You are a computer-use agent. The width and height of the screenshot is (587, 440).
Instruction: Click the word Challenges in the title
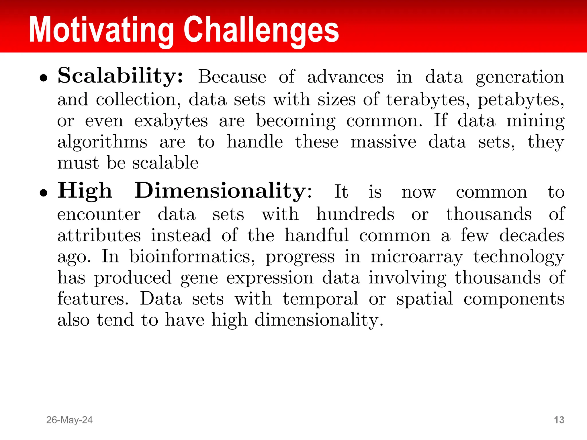[x=261, y=30]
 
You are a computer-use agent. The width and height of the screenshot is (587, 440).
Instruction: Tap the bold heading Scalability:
[x=120, y=76]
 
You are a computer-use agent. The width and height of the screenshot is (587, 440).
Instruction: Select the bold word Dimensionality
[x=220, y=190]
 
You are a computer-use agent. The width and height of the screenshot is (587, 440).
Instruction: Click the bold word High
[x=85, y=190]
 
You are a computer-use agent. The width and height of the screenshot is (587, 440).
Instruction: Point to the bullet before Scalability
[x=44, y=78]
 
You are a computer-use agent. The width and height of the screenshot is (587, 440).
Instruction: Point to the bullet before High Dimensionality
[x=44, y=193]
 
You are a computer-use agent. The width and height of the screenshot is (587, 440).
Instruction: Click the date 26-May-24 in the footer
[x=69, y=420]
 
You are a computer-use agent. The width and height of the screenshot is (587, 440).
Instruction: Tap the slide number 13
[x=559, y=420]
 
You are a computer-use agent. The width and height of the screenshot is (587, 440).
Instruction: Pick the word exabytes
[x=171, y=121]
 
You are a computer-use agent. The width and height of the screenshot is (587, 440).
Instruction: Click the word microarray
[x=416, y=257]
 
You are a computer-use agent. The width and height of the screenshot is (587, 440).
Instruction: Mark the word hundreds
[x=355, y=214]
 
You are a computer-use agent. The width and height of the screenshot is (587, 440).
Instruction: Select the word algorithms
[x=102, y=142]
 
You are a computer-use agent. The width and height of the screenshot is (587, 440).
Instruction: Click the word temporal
[x=320, y=299]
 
